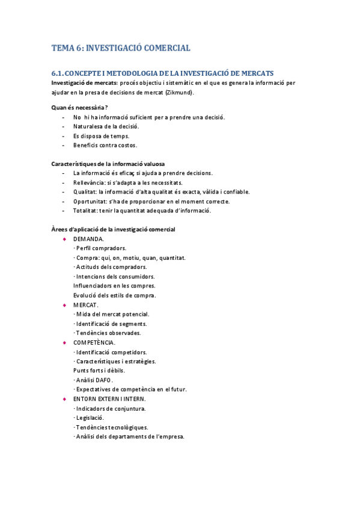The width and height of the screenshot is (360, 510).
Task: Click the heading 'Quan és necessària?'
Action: pyautogui.click(x=79, y=108)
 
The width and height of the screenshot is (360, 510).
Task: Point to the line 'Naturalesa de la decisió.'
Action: pyautogui.click(x=106, y=126)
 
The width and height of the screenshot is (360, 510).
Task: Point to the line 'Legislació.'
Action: pyautogui.click(x=90, y=417)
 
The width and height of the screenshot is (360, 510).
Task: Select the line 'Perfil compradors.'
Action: pyautogui.click(x=100, y=248)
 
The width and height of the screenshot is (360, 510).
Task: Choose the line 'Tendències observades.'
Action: pyautogui.click(x=108, y=333)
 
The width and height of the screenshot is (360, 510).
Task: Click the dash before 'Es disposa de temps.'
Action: pyautogui.click(x=64, y=136)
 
